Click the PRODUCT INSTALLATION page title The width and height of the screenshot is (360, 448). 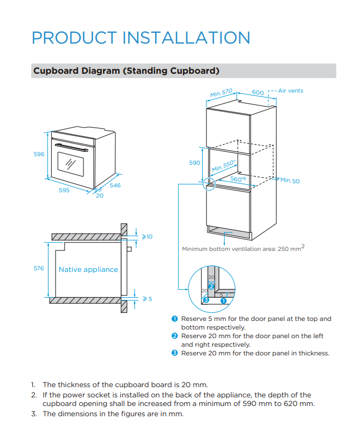tap(141, 38)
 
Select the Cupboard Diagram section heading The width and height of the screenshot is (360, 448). tap(126, 71)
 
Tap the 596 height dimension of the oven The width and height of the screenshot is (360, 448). tap(39, 154)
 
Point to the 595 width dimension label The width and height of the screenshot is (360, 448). tap(64, 190)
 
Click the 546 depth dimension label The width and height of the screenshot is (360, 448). tap(115, 185)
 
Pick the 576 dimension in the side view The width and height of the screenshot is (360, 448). tap(39, 268)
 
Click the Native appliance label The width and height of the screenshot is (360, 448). tap(88, 269)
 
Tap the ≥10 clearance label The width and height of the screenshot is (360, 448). tap(147, 236)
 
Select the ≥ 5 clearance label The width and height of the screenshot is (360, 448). tap(147, 299)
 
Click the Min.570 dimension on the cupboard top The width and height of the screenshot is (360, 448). tap(221, 93)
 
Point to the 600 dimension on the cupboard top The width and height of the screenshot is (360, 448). tap(258, 93)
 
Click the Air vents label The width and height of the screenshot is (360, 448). tap(290, 90)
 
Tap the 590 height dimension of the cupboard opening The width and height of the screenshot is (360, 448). tap(195, 163)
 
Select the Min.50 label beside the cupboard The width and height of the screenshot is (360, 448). tap(289, 181)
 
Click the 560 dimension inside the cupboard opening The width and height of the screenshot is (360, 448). tap(238, 179)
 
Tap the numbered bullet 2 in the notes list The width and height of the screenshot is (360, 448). tap(175, 336)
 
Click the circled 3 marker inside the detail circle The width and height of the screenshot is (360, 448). tap(205, 300)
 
